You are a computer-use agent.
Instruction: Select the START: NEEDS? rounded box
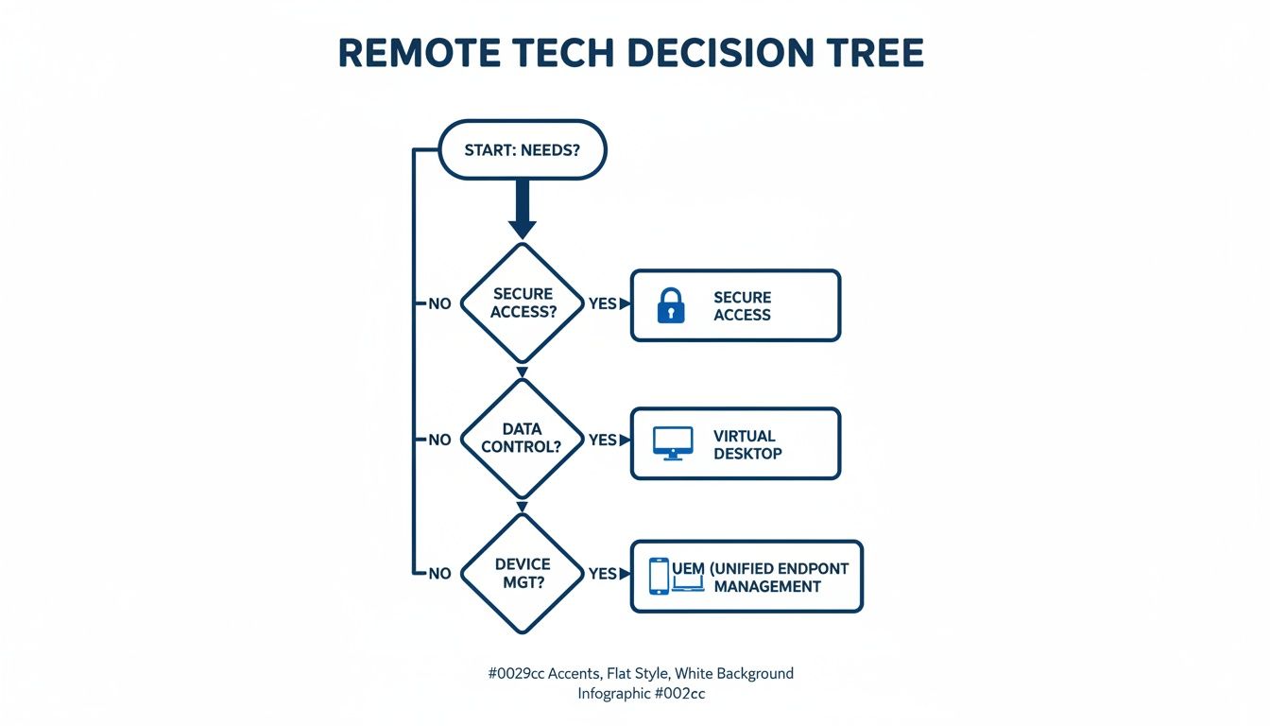523,150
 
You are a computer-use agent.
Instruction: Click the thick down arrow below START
523,209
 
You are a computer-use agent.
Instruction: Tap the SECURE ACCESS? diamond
523,303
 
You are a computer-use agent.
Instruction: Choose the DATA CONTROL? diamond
523,439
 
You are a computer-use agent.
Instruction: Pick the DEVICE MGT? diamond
523,573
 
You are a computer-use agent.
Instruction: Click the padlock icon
670,305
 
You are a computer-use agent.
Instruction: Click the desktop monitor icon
673,442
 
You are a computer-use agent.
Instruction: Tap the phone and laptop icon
675,577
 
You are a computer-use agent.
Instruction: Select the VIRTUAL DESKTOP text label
747,444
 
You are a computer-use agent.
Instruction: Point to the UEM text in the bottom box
688,568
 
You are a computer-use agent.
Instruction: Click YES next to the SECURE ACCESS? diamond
603,304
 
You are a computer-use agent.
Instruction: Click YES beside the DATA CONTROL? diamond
603,440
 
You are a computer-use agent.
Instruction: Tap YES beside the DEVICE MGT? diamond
603,574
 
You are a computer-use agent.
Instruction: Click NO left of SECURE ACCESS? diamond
440,304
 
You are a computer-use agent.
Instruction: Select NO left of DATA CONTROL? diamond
440,440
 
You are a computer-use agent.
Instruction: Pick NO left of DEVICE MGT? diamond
440,574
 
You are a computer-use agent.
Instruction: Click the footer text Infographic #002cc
642,693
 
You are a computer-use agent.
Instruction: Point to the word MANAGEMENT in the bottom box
766,587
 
